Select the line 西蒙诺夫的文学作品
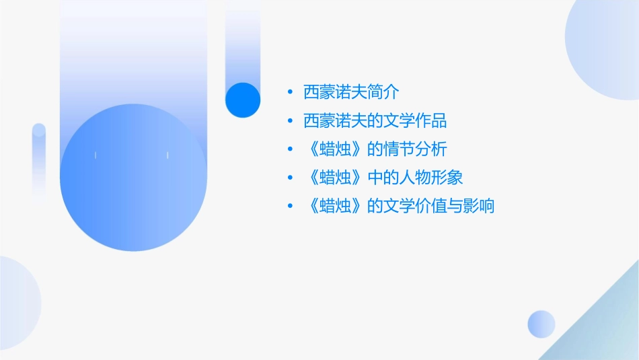tap(375, 121)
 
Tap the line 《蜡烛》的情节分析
tap(375, 149)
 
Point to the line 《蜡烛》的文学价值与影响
tap(399, 206)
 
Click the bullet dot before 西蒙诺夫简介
tap(289, 93)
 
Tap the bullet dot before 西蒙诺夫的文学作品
tap(289, 121)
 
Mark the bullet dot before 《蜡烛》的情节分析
tap(289, 149)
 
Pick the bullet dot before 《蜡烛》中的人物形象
tap(289, 178)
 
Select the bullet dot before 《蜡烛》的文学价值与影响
tap(289, 206)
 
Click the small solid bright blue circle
tap(242, 100)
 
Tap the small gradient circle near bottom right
tap(541, 324)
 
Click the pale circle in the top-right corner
tap(605, 40)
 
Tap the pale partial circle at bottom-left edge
tap(17, 303)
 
